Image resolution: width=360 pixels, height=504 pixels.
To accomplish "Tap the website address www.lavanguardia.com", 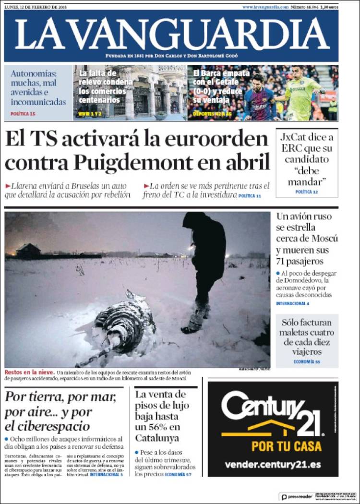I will [x=265, y=7].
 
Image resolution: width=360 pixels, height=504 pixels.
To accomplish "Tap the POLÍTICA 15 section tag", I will [x=23, y=114].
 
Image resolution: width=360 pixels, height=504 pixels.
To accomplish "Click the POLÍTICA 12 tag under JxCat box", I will [x=307, y=192].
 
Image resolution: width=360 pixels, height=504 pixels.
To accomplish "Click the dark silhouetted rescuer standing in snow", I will [x=204, y=264].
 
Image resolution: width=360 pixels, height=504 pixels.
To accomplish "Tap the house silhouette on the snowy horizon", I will [x=28, y=250].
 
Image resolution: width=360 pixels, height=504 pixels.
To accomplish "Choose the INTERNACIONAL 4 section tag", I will [x=292, y=303].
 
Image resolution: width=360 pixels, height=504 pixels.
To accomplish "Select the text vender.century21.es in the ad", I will [x=273, y=465].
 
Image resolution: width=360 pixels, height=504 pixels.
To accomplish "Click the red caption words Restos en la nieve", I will [x=28, y=372].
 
